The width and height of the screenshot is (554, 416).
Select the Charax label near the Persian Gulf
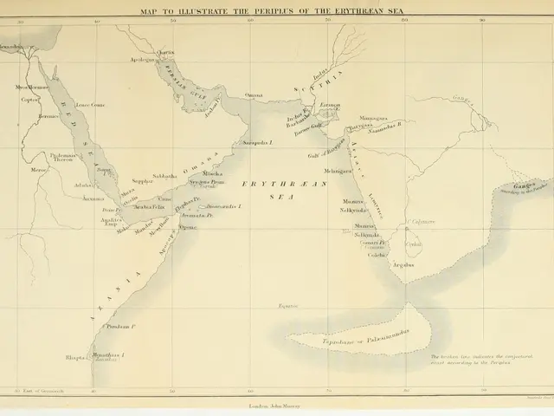pos(166,52)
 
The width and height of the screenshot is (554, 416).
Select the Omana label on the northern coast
pos(254,94)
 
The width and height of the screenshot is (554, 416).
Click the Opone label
pos(188,227)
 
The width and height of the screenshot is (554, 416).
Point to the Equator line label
pos(287,306)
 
